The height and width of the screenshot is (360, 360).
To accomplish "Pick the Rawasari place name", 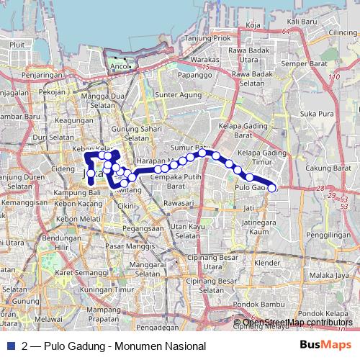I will coord(178,203).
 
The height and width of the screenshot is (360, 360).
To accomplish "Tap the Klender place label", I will coord(266,263).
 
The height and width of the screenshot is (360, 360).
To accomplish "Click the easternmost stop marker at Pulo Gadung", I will coord(272,189).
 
